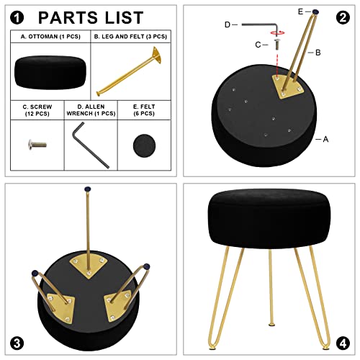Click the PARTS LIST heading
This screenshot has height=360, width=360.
tap(90, 18)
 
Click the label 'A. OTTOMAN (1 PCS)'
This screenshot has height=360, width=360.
tap(50, 35)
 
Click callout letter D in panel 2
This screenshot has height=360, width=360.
tap(228, 25)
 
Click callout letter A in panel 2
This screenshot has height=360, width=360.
tap(325, 139)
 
